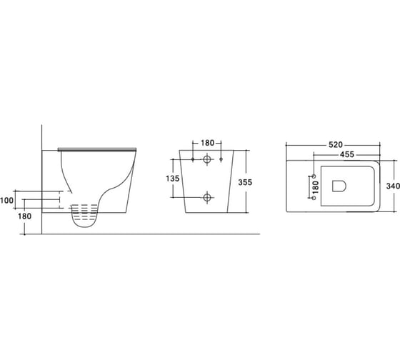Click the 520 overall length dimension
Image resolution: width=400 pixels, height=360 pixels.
coord(334,144)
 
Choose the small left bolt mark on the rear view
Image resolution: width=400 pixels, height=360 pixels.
coord(193,159)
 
